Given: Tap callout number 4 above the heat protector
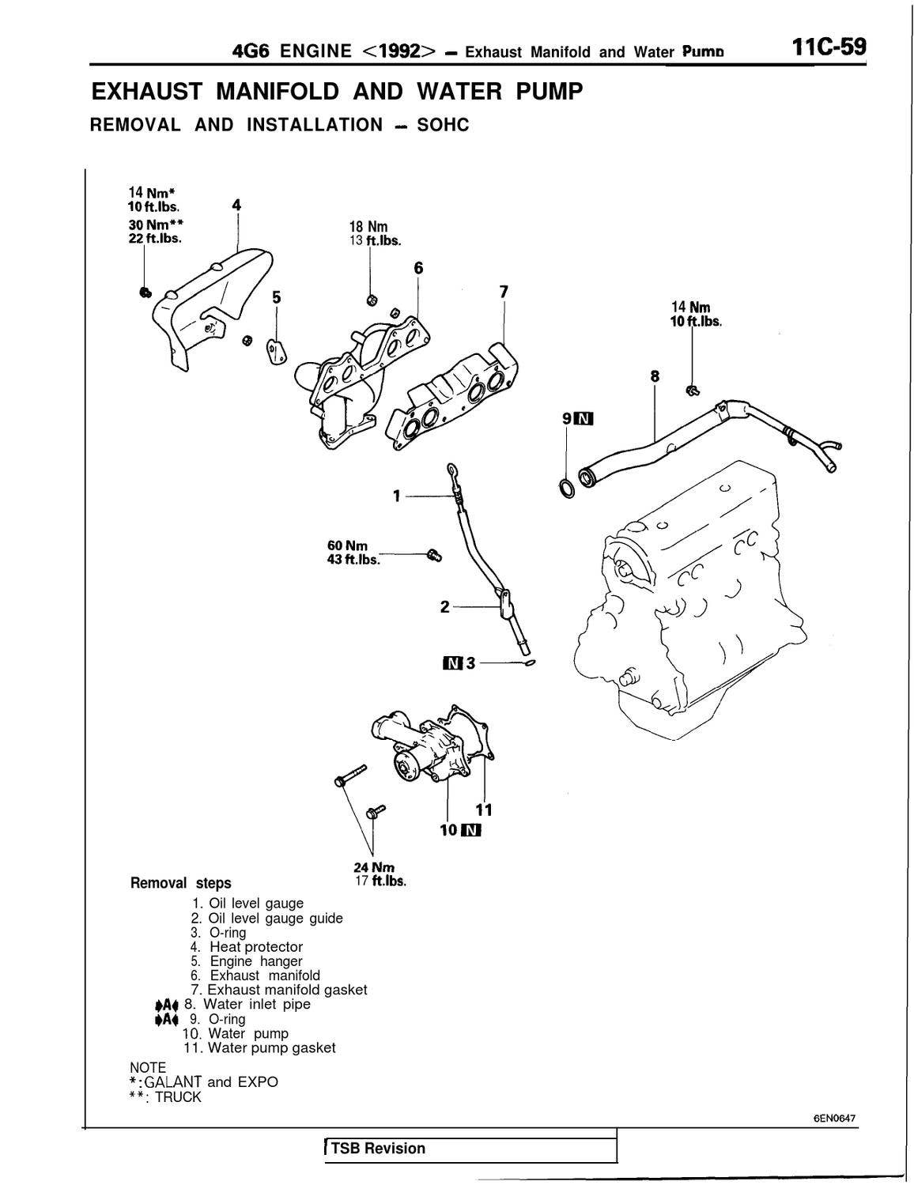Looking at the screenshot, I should [236, 206].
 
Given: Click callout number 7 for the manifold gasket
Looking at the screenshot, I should [504, 291].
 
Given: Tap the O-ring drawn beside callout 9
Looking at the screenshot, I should [567, 489].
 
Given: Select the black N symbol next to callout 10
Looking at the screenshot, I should [471, 830].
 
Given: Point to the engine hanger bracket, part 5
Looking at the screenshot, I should [276, 351].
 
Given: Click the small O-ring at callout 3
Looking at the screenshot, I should [529, 664].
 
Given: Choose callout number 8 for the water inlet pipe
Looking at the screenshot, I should [654, 376].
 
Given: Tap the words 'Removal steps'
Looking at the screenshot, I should [180, 883].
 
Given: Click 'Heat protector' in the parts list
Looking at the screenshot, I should [256, 946].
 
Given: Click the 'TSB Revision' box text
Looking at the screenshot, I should [378, 1149].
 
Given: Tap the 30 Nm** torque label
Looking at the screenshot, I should [156, 224].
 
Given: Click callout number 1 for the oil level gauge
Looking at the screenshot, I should [396, 496].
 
